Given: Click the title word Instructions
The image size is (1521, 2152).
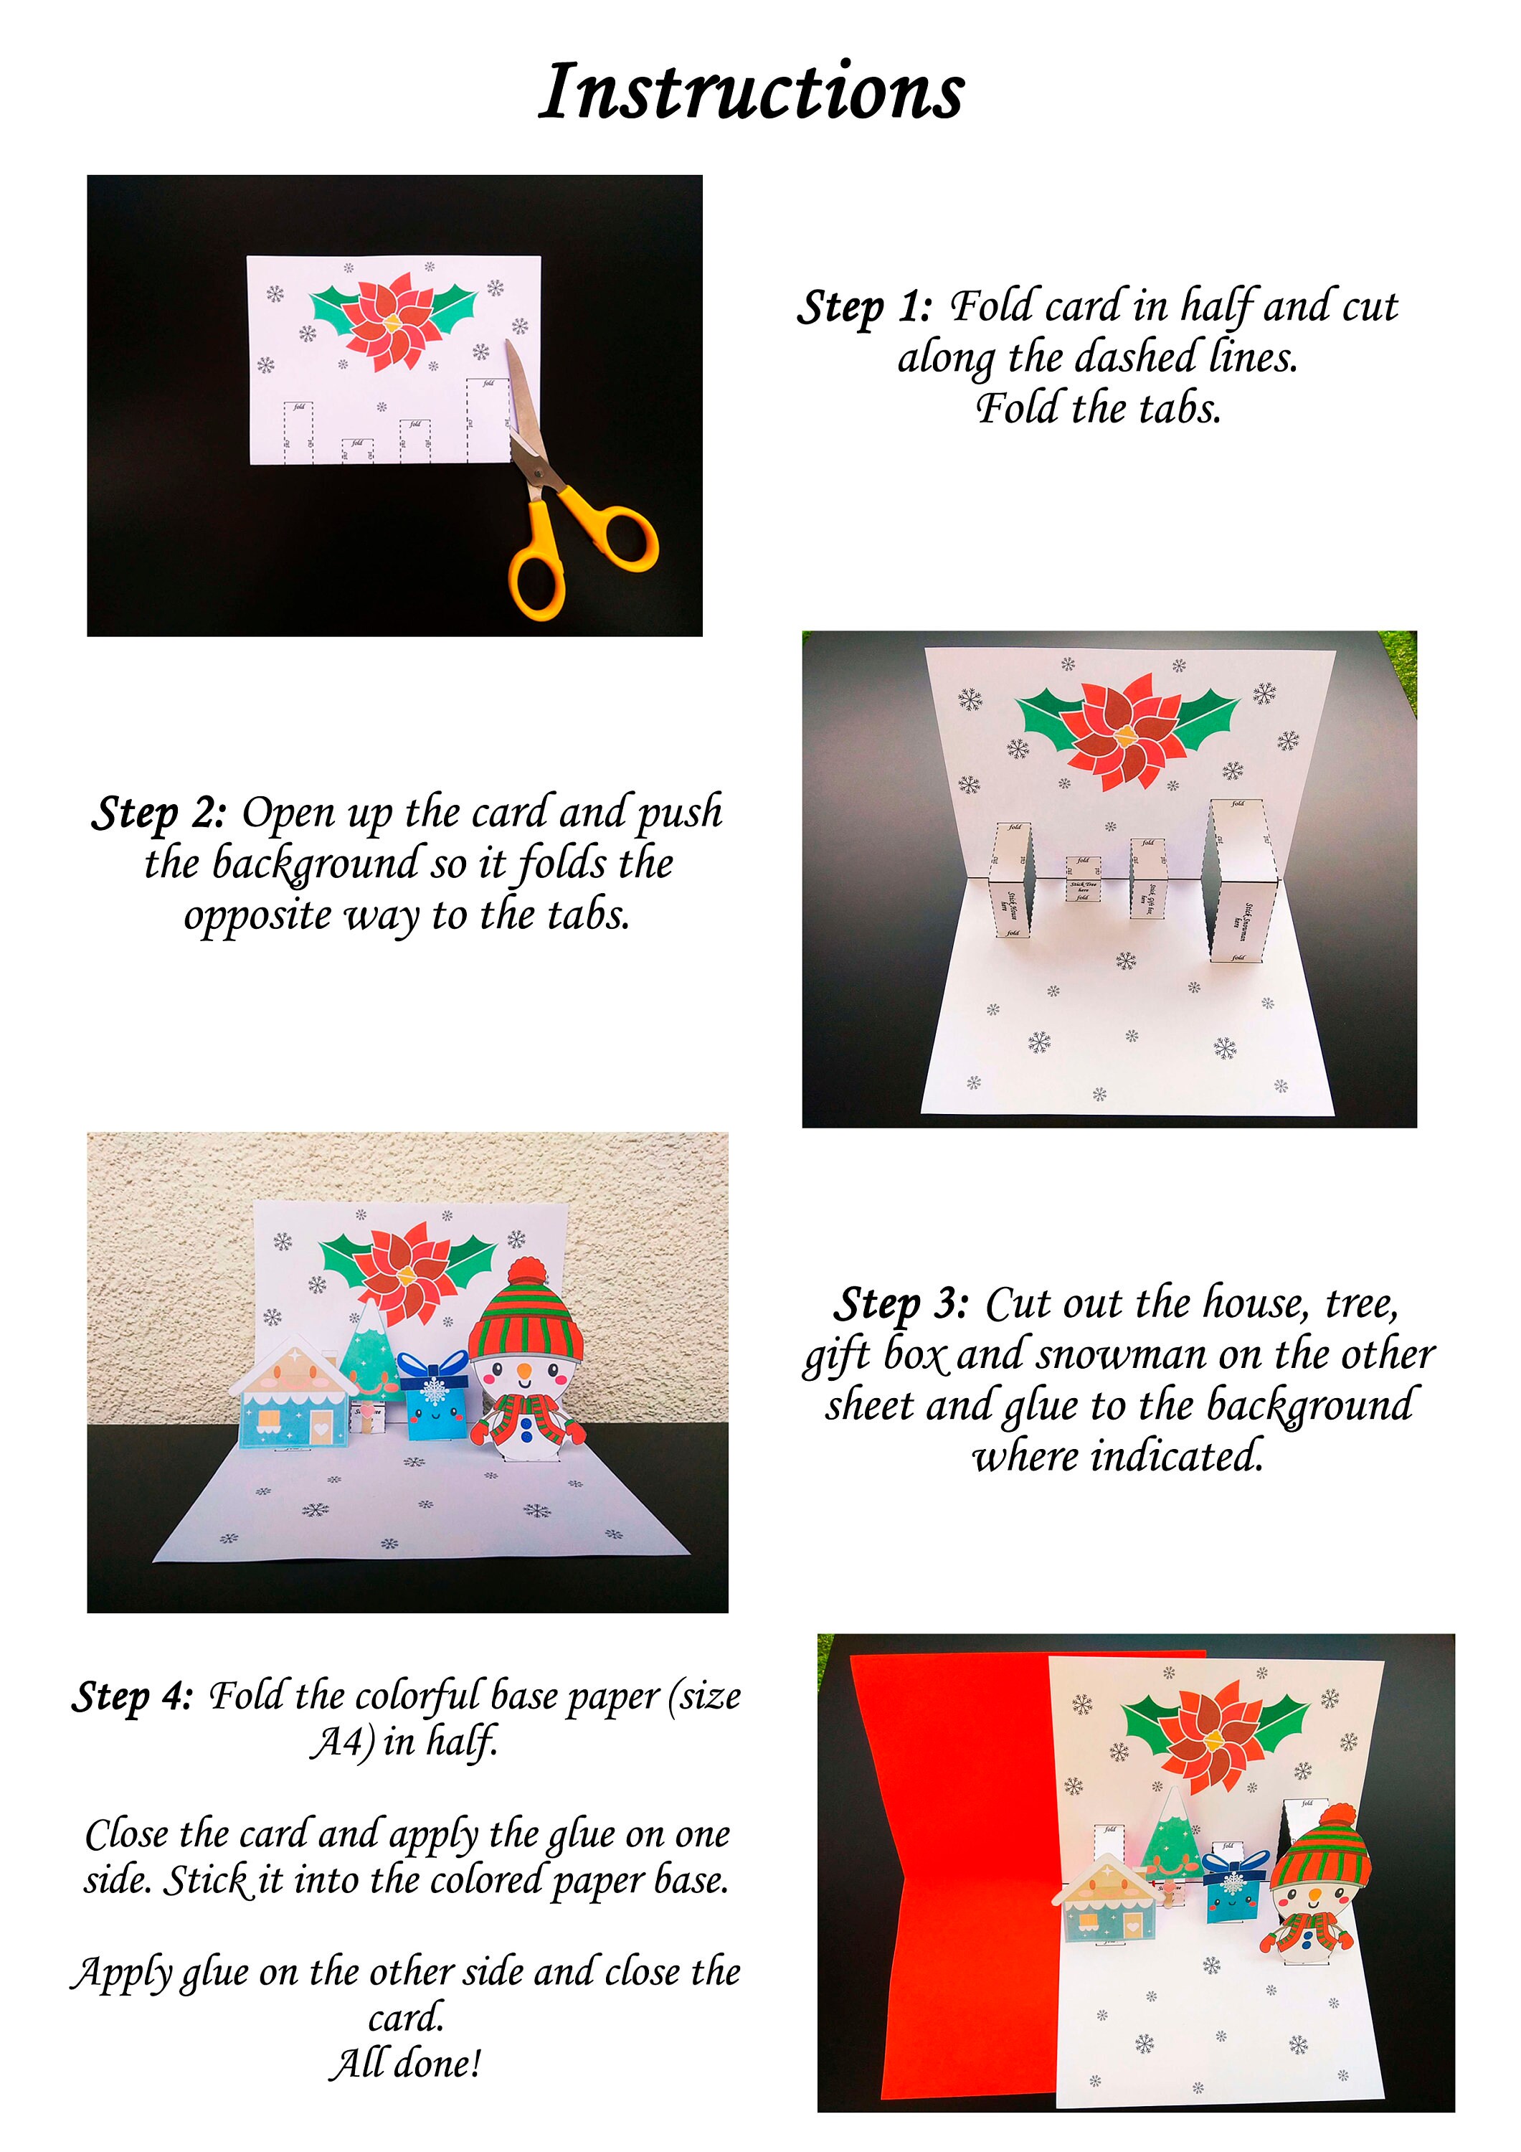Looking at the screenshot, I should point(751,92).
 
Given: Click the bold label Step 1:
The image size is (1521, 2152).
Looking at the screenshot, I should point(864,308).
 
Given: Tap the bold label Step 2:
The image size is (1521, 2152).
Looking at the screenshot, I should point(158,813).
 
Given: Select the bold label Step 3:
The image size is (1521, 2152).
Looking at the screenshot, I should point(901,1304).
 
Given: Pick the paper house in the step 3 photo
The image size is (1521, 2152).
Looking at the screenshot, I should point(293,1397).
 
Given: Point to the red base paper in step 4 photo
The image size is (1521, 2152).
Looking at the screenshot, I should point(956,1874).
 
